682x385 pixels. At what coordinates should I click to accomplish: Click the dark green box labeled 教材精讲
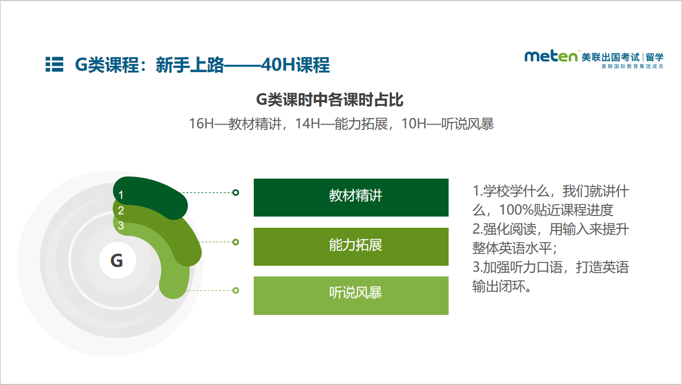[x=351, y=197]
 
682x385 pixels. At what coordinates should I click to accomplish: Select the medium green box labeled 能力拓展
[x=351, y=247]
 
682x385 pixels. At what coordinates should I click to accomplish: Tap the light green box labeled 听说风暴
[x=351, y=296]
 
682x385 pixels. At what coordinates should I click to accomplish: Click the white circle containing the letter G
[x=118, y=260]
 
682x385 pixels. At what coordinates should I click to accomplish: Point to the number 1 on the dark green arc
[x=121, y=195]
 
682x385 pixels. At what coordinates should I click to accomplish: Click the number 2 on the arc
[x=121, y=211]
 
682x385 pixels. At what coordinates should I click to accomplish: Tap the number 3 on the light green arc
[x=121, y=226]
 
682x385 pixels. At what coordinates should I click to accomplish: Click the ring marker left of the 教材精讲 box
[x=236, y=192]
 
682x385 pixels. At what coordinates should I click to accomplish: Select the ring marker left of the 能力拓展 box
[x=236, y=242]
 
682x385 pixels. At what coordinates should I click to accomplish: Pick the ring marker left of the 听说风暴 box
[x=236, y=290]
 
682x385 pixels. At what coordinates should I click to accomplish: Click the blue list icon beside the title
[x=55, y=64]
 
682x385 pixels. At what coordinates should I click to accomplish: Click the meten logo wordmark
[x=551, y=57]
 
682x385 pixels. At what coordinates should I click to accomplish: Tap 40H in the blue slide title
[x=278, y=65]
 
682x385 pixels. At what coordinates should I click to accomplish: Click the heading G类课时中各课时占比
[x=330, y=100]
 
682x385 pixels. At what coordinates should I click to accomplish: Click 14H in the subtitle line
[x=308, y=124]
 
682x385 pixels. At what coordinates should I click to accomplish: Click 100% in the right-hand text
[x=517, y=210]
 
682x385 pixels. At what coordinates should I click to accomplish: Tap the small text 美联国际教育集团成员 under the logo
[x=632, y=66]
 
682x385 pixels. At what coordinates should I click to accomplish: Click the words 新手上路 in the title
[x=190, y=65]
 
